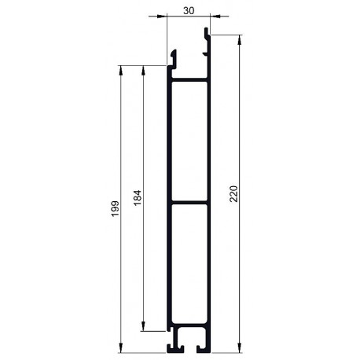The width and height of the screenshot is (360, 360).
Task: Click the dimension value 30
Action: point(189,11)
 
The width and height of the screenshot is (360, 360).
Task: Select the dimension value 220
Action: point(233,193)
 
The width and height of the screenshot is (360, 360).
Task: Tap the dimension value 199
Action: point(116,209)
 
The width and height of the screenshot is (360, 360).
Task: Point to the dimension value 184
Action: point(138,198)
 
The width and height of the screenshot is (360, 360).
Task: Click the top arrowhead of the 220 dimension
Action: point(239,39)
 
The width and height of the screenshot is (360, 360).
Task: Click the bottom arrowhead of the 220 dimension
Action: point(239,348)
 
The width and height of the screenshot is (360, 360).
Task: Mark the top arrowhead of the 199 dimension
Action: point(121,70)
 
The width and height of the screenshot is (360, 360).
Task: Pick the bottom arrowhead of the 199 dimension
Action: point(121,348)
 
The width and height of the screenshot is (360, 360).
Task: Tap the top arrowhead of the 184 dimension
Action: point(143,70)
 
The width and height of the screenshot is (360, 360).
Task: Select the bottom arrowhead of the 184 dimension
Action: point(143,326)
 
